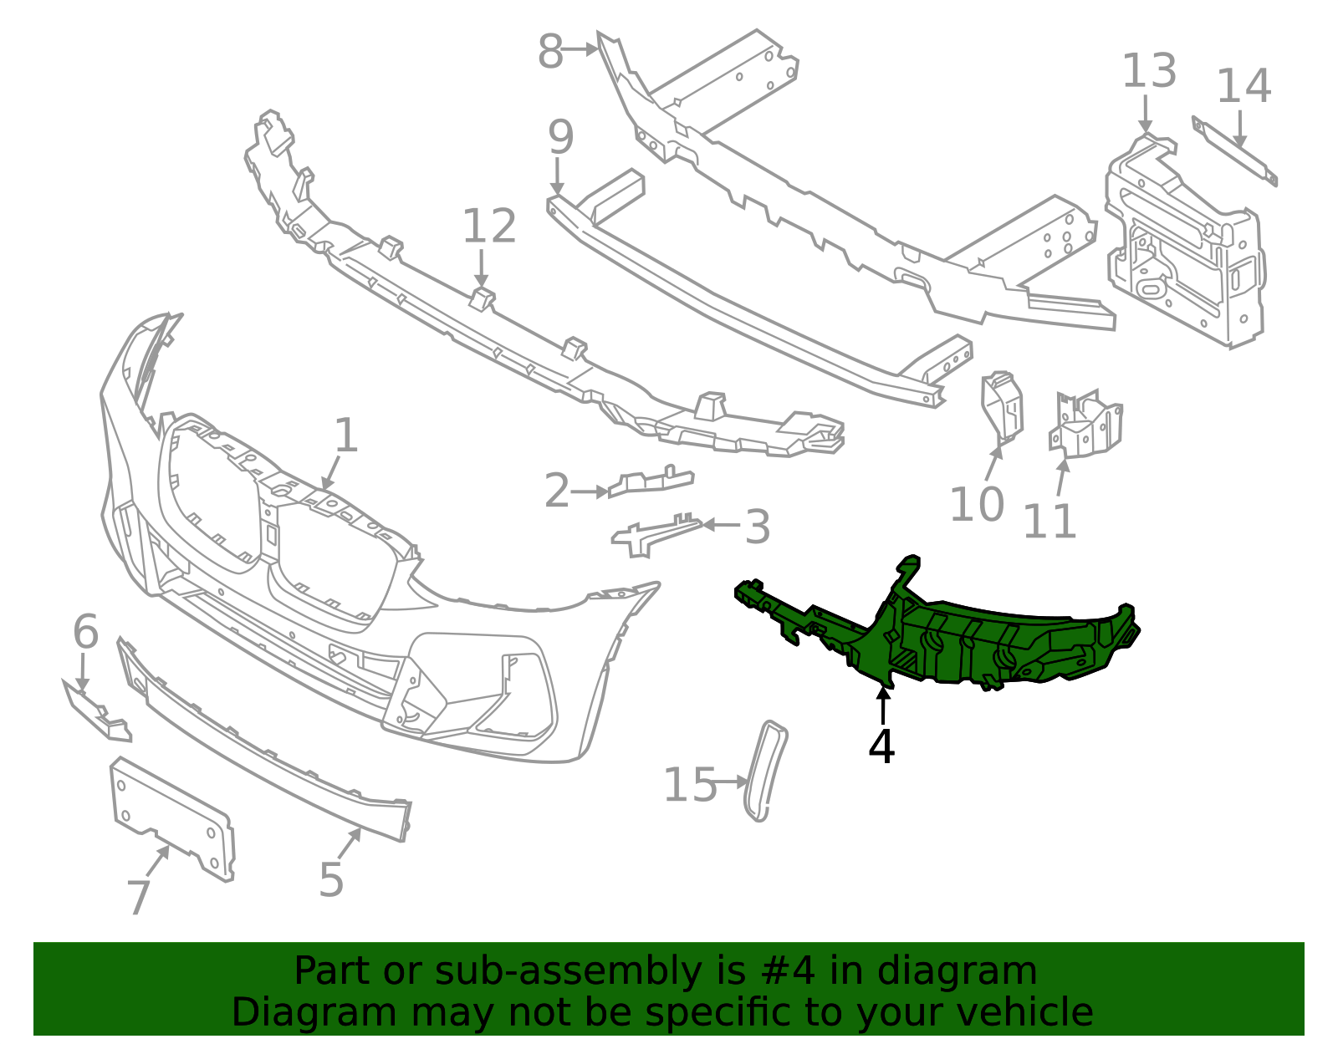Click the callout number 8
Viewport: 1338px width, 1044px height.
[x=550, y=52]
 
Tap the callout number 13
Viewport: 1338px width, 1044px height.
[x=1148, y=71]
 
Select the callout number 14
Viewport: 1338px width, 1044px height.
[x=1244, y=86]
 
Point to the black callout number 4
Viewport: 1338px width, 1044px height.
[x=881, y=746]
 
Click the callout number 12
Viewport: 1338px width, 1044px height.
[x=489, y=227]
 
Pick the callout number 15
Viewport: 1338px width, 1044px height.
[x=689, y=786]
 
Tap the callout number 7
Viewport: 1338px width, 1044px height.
[x=139, y=898]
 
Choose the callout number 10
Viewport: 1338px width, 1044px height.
[x=976, y=505]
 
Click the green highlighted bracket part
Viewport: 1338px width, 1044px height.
[x=962, y=644]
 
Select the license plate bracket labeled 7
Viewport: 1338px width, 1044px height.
[x=171, y=815]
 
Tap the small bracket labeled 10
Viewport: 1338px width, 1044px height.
[x=1002, y=405]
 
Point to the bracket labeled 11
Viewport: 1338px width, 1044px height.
[x=1085, y=426]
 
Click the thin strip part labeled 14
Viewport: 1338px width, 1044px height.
[x=1234, y=151]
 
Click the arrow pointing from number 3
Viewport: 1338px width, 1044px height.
[x=720, y=525]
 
